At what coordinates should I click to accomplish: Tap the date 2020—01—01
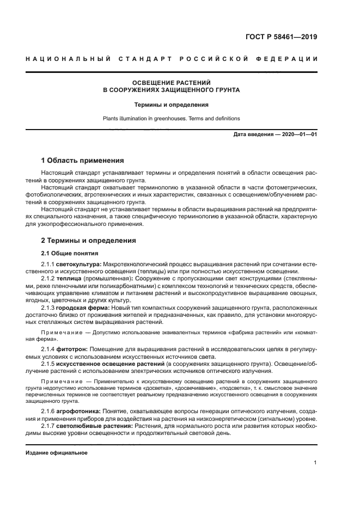[298, 134]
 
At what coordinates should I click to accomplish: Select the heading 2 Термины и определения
[89, 241]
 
